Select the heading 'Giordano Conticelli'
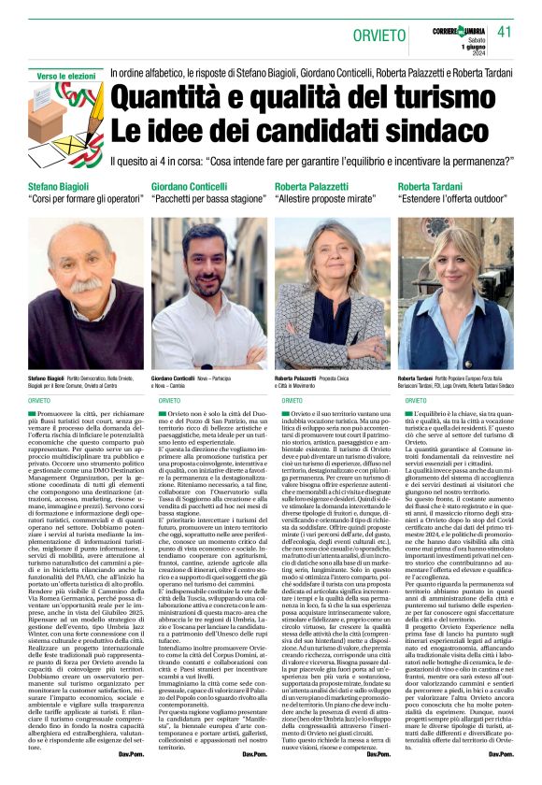pos(191,187)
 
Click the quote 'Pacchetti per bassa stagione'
pos(207,201)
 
